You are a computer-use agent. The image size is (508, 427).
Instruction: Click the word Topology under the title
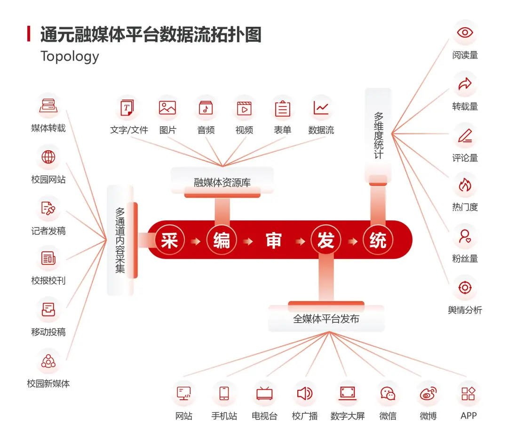[x=70, y=56]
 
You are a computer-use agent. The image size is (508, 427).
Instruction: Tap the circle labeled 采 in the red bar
[x=169, y=241]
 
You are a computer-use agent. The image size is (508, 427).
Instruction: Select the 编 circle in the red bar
[x=222, y=241]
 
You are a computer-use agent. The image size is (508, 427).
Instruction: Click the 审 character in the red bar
[x=273, y=241]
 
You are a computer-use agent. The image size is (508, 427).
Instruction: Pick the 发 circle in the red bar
[x=325, y=241]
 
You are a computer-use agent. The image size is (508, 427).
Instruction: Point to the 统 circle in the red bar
[x=378, y=241]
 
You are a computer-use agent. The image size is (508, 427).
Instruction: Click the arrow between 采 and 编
[x=196, y=241]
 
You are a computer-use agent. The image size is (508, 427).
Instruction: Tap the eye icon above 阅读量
[x=465, y=32]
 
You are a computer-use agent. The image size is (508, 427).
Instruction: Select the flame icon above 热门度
[x=465, y=185]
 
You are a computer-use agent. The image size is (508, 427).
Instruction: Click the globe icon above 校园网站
[x=48, y=157]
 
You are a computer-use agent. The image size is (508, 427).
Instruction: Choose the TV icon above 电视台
[x=264, y=393]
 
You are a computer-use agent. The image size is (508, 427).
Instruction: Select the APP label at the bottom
[x=468, y=416]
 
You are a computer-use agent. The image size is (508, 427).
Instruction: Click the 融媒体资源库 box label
[x=222, y=183]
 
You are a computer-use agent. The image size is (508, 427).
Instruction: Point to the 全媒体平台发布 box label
[x=326, y=319]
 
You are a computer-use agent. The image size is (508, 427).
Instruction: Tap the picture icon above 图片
[x=167, y=108]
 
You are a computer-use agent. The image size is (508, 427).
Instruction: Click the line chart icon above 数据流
[x=321, y=108]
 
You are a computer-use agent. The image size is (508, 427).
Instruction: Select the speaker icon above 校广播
[x=305, y=393]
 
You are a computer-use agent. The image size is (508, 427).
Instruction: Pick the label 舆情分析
[x=465, y=310]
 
